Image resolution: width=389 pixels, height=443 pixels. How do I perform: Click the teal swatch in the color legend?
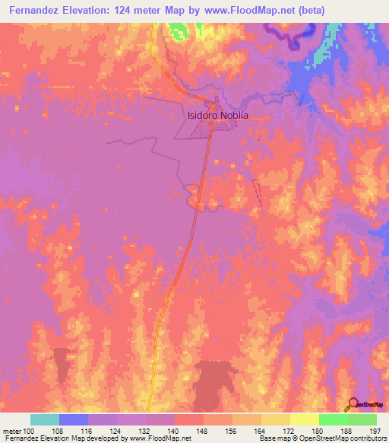tap(45, 419)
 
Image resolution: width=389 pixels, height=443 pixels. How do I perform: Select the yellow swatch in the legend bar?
tap(305, 419)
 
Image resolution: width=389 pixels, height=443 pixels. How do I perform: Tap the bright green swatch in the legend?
tap(333, 419)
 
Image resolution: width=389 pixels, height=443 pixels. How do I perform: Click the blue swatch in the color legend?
tap(74, 419)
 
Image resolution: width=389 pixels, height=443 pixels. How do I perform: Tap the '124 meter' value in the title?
tap(152, 10)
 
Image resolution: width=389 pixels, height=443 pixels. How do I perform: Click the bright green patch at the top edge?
tap(178, 31)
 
